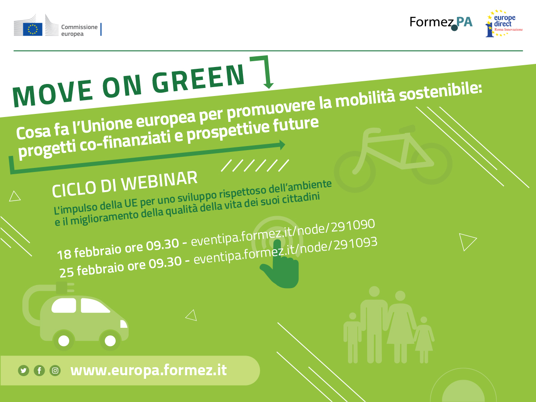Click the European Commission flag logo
(33, 29)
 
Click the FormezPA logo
(440, 23)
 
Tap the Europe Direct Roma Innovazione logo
(503, 25)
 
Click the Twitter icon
(24, 370)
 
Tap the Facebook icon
(39, 370)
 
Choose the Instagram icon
(55, 370)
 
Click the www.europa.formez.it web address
(148, 370)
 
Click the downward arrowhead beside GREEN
(268, 84)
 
